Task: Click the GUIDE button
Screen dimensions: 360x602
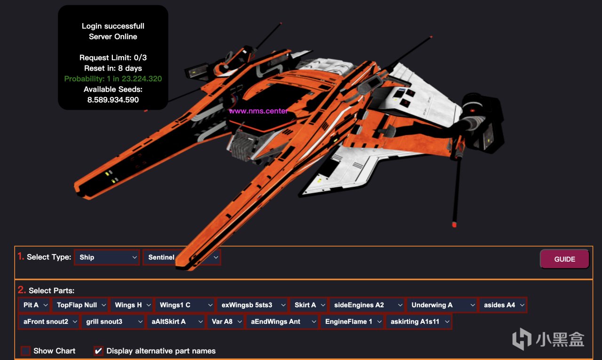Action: click(564, 259)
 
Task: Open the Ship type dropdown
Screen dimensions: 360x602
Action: click(107, 257)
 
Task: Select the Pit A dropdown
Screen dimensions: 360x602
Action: click(34, 305)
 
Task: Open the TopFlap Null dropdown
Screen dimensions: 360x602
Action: click(80, 305)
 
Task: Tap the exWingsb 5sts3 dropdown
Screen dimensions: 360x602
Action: click(253, 305)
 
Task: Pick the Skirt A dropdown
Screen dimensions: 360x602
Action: click(309, 305)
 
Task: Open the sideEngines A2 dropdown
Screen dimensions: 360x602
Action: click(367, 305)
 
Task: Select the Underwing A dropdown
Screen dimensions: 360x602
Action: click(442, 305)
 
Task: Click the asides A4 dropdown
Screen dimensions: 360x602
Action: click(503, 305)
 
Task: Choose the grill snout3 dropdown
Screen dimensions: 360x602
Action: click(113, 322)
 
